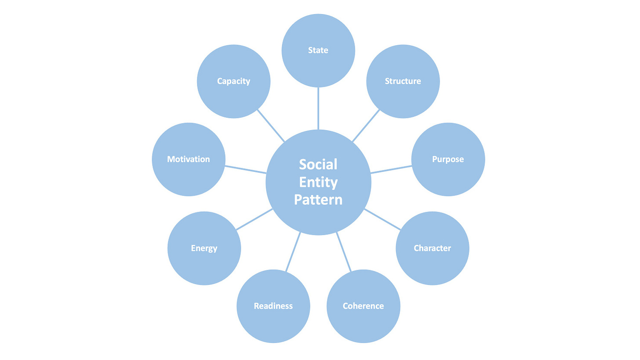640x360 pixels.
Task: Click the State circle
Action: [x=318, y=50]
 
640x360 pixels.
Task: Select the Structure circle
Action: [x=403, y=81]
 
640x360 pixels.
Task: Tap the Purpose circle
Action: [x=448, y=159]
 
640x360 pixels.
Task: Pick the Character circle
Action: [x=432, y=248]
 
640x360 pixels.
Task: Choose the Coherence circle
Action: [x=363, y=306]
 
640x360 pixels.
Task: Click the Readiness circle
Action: [x=273, y=306]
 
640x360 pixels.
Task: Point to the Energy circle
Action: [x=204, y=248]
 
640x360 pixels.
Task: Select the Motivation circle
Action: [x=189, y=159]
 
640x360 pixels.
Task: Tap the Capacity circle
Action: [x=233, y=81]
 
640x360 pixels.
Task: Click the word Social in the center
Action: [x=318, y=164]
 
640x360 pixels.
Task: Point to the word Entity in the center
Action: [x=318, y=182]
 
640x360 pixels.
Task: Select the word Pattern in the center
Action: [x=318, y=200]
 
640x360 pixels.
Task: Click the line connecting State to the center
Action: [x=318, y=109]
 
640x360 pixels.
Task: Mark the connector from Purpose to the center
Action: [x=391, y=170]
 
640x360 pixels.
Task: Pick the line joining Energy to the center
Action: [x=255, y=219]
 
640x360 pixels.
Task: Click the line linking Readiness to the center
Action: [x=293, y=252]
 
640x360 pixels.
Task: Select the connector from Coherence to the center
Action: [x=344, y=252]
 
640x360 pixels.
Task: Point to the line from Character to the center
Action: [x=382, y=219]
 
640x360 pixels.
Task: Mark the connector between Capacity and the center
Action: [x=271, y=125]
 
